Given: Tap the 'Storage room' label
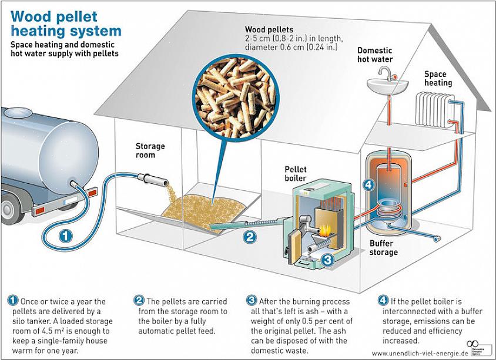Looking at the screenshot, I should click(x=150, y=150).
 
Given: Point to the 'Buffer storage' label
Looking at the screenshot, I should click(x=383, y=247).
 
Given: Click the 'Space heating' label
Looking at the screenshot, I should click(x=438, y=78).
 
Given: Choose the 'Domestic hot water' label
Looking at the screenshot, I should click(x=375, y=55).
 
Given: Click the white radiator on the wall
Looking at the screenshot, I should click(x=433, y=108).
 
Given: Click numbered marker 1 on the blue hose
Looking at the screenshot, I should click(x=66, y=237).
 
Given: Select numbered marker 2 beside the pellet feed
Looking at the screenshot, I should click(x=250, y=237).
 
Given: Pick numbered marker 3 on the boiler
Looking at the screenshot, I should click(x=328, y=258).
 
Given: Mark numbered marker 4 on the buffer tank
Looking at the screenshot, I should click(x=368, y=184).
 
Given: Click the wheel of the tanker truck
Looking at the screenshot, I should click(x=6, y=208).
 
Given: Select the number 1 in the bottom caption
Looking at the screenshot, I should click(x=12, y=300).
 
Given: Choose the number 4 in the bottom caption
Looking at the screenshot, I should click(x=383, y=300).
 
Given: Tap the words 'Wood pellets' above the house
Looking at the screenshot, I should click(x=269, y=29).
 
